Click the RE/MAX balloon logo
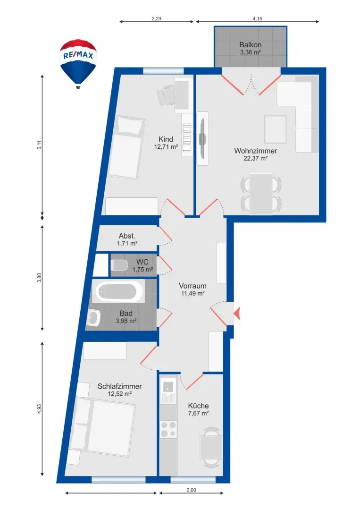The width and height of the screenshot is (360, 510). (x=78, y=64)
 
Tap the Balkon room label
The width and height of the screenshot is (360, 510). (x=251, y=45)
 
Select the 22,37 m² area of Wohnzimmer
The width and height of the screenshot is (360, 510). (x=256, y=158)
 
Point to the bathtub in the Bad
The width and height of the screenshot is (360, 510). (x=118, y=292)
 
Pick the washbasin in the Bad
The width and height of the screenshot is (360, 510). (x=94, y=317)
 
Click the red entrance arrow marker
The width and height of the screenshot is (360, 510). (x=237, y=314)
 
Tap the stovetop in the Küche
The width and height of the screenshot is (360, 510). (x=168, y=429)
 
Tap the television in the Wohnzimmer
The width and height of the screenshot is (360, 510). (x=202, y=138)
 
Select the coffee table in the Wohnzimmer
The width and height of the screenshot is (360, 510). (x=275, y=129)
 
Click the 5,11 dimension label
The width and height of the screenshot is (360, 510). (x=39, y=145)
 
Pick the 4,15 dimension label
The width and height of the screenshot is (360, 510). (x=257, y=18)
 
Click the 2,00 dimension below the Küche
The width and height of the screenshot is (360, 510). (x=192, y=490)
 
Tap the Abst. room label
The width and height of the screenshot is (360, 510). (x=127, y=236)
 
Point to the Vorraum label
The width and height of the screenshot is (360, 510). (x=193, y=286)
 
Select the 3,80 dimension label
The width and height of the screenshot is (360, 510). (x=39, y=278)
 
